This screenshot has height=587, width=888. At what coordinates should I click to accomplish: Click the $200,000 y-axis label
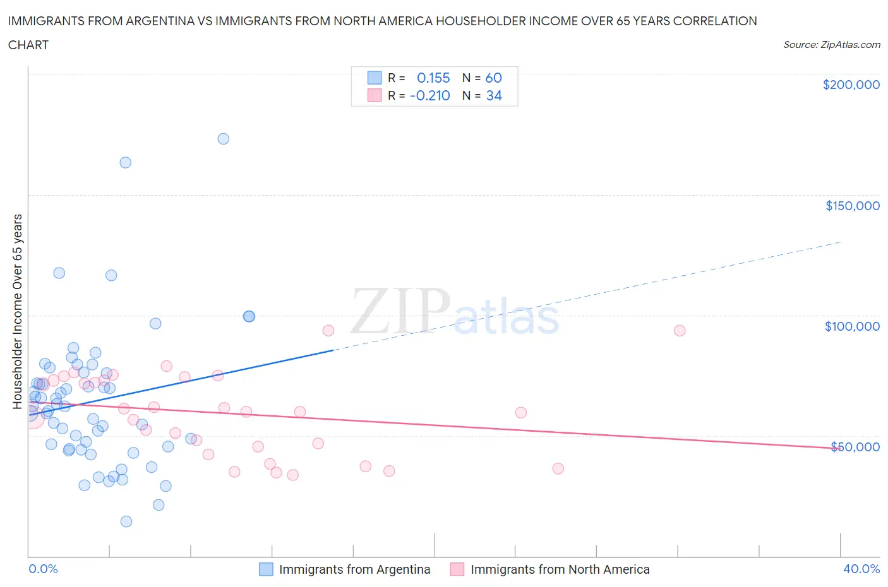pos(851,85)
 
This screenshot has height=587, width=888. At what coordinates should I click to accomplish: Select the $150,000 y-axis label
pos(852,206)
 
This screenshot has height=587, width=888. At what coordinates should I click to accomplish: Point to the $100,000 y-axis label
pos(852,326)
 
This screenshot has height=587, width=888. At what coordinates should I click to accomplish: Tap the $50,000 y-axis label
pos(855,447)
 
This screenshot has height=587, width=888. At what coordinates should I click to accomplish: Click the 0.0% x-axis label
pos(43,569)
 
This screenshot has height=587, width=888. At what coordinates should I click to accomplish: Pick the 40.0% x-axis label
pos(861,569)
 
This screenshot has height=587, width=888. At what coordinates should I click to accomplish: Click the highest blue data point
pos(223,139)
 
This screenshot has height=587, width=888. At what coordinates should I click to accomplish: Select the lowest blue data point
pos(126,521)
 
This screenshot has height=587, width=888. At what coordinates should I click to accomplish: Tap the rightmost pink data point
pos(680,331)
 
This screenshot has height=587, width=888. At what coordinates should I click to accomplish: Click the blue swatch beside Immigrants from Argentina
pos(266,569)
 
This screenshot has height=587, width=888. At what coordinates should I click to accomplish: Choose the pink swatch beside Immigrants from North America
pos(457,569)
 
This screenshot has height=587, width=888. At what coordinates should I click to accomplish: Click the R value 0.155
pos(433,78)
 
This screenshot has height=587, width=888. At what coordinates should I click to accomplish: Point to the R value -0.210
pos(429,95)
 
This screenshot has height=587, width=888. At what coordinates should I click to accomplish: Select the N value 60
pos(493,78)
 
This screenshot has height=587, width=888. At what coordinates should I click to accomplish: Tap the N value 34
pos(493,95)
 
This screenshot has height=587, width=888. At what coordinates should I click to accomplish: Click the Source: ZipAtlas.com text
pos(831,45)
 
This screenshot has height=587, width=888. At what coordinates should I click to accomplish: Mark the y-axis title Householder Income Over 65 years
pos(18,311)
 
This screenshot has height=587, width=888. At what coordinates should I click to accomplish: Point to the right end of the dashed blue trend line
pos(841,242)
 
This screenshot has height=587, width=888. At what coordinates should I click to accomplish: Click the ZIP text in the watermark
pos(400,311)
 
